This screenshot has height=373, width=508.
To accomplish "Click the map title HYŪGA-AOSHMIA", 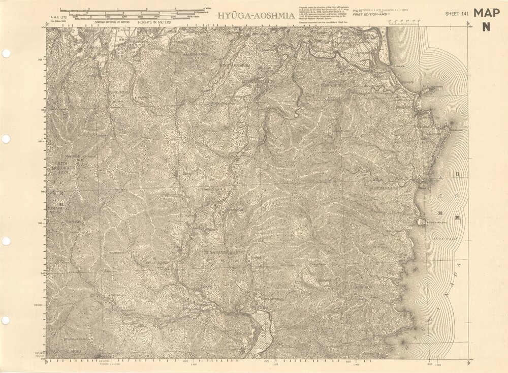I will [x=256, y=16].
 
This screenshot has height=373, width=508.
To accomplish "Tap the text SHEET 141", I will [x=456, y=14].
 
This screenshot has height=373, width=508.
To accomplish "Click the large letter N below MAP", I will [x=486, y=28].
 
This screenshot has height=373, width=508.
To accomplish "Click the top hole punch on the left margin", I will [x=6, y=53].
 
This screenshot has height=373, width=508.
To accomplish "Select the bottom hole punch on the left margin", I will [x=6, y=320].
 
